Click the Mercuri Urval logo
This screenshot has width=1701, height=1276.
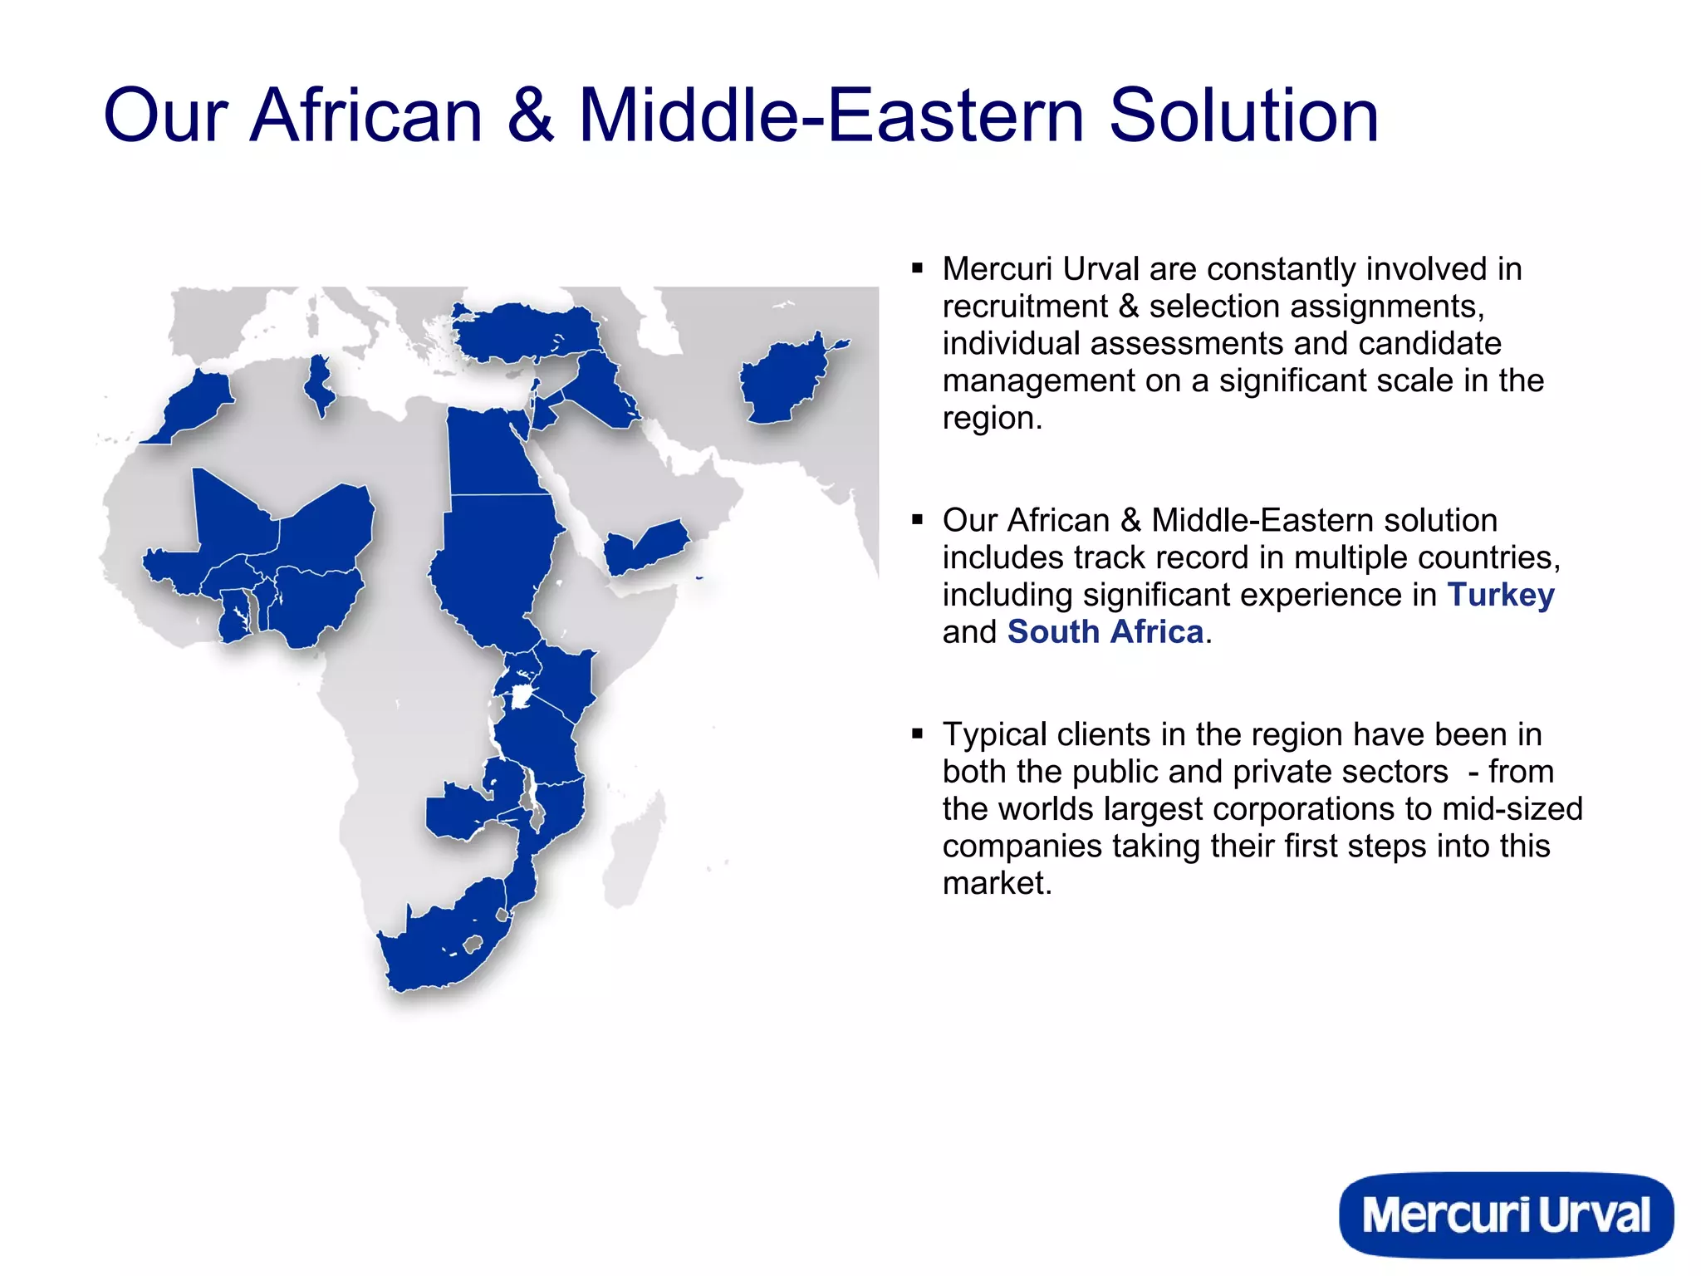(1505, 1215)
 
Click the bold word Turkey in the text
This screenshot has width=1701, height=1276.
(1500, 595)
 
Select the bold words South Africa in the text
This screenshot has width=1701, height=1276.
(1105, 632)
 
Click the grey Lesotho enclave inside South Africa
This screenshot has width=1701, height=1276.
(473, 944)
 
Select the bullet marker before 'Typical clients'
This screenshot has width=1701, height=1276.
(917, 734)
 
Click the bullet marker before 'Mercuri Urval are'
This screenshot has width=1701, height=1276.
(917, 268)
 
